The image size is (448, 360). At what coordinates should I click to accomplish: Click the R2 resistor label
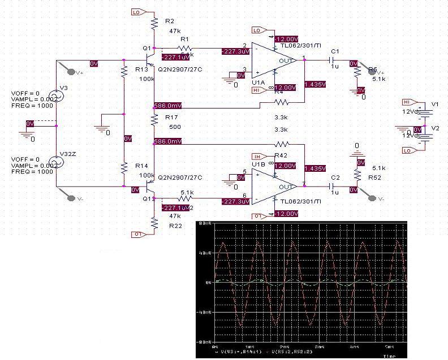[170, 21]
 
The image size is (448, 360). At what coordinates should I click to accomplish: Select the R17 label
[171, 117]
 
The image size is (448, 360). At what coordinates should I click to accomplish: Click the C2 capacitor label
[335, 177]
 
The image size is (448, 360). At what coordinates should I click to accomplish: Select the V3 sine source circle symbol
[57, 96]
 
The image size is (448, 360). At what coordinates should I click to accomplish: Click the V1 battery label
[435, 105]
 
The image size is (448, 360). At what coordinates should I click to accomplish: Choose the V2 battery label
[435, 128]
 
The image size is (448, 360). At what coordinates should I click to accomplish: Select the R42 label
[281, 156]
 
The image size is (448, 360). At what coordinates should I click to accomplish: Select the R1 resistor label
[184, 40]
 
